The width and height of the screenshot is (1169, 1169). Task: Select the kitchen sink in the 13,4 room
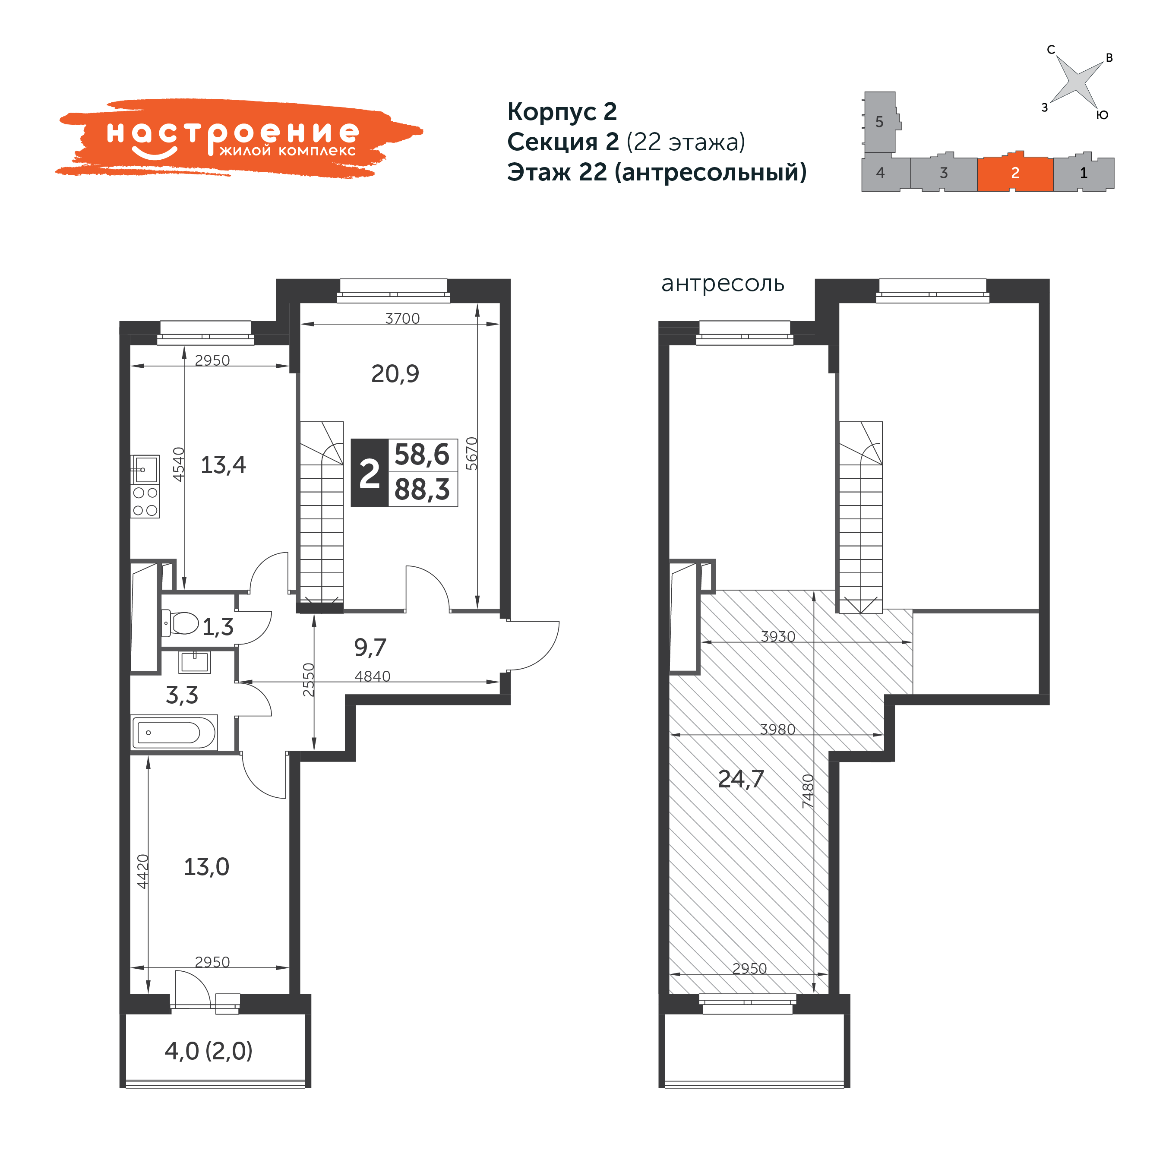click(145, 469)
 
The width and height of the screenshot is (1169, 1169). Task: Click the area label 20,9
click(395, 374)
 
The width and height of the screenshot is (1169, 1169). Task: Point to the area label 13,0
click(206, 867)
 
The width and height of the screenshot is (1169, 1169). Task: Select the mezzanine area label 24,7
click(741, 779)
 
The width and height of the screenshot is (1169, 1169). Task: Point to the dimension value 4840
click(372, 676)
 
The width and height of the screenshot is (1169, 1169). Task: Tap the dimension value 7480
click(808, 791)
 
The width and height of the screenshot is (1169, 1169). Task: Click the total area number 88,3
click(422, 490)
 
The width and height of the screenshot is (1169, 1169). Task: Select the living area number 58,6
click(422, 455)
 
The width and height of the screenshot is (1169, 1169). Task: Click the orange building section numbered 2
click(1015, 173)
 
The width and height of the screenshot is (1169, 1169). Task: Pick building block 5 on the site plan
click(880, 122)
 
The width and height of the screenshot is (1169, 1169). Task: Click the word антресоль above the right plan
click(723, 283)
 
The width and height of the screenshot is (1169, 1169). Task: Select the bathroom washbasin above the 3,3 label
click(194, 662)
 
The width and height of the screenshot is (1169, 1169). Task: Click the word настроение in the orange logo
click(233, 133)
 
